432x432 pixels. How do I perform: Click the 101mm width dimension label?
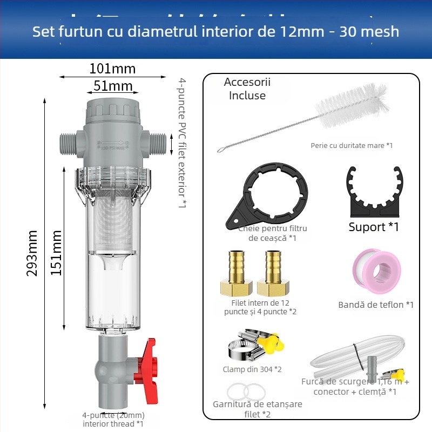[x=112, y=69]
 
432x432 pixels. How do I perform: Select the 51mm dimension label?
[x=113, y=86]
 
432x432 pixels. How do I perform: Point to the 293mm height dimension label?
[x=32, y=253]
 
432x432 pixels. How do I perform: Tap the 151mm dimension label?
[x=56, y=253]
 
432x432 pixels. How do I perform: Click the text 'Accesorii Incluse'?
[x=247, y=89]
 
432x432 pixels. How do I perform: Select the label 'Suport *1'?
[x=373, y=227]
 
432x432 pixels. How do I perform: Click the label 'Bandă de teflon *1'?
[x=376, y=305]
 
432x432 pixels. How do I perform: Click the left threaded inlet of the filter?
[x=66, y=143]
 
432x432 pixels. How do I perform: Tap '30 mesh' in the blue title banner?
[x=369, y=31]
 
